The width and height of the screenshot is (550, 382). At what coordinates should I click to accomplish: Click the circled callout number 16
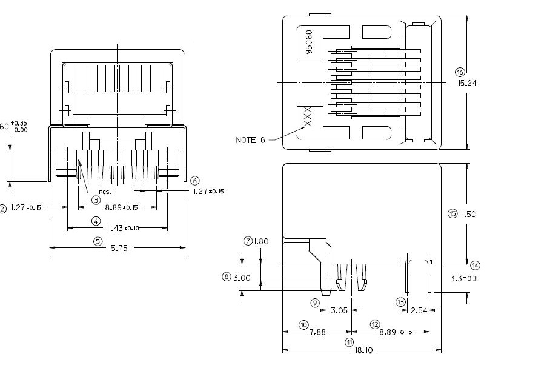(x=459, y=72)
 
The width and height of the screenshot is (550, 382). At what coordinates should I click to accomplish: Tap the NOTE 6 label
(x=250, y=140)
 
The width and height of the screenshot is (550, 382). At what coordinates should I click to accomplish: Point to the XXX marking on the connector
(x=306, y=116)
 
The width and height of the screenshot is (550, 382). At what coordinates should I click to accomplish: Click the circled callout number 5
(x=98, y=240)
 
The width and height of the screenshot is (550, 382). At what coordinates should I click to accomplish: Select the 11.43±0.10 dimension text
(x=117, y=228)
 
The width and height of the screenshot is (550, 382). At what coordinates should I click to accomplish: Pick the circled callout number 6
(x=194, y=181)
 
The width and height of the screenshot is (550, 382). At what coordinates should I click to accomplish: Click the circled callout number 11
(x=350, y=342)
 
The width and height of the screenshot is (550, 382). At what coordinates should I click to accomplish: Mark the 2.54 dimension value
(x=419, y=310)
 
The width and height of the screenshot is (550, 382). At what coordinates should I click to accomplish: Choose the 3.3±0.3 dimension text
(x=465, y=279)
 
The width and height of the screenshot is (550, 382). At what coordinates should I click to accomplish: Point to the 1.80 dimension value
(x=260, y=241)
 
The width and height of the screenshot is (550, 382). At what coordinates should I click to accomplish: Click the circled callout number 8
(x=227, y=276)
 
